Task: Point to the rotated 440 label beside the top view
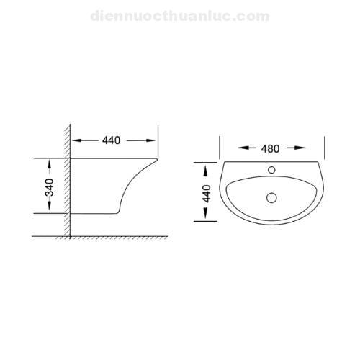click(207, 192)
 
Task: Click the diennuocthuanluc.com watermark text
click(180, 15)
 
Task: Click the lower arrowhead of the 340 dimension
click(48, 210)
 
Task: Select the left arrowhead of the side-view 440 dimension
click(76, 140)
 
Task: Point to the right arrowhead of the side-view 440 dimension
click(153, 140)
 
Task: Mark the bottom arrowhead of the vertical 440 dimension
click(207, 218)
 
